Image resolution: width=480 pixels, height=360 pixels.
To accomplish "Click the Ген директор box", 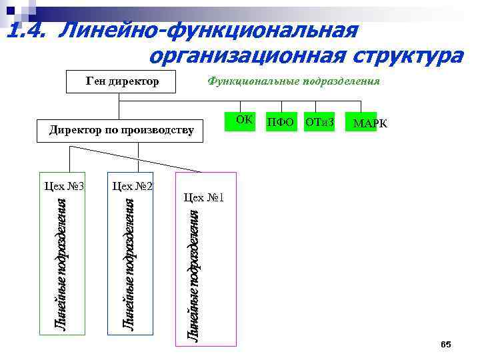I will (123, 82).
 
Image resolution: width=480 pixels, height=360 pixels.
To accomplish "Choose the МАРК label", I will (369, 124).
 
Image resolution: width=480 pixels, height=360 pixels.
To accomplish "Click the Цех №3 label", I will (63, 185).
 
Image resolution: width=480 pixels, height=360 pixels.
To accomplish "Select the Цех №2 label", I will (133, 185).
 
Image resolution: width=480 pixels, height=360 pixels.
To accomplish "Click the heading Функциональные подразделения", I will (294, 81).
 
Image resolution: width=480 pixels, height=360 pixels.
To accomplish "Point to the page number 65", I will (446, 344).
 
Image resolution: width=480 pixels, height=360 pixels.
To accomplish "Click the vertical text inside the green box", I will (59, 263).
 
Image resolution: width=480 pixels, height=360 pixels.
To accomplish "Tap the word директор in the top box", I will (136, 82).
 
